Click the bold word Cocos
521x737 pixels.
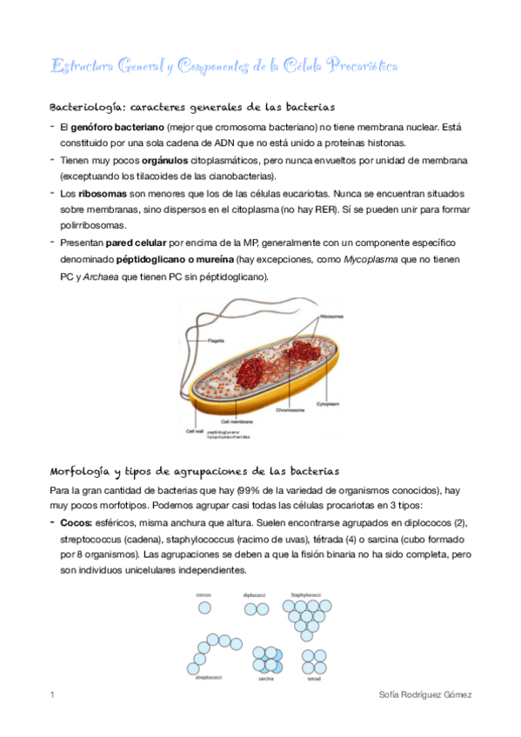(x=77, y=521)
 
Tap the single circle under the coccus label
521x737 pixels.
(x=204, y=608)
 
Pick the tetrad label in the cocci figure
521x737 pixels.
(x=314, y=679)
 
